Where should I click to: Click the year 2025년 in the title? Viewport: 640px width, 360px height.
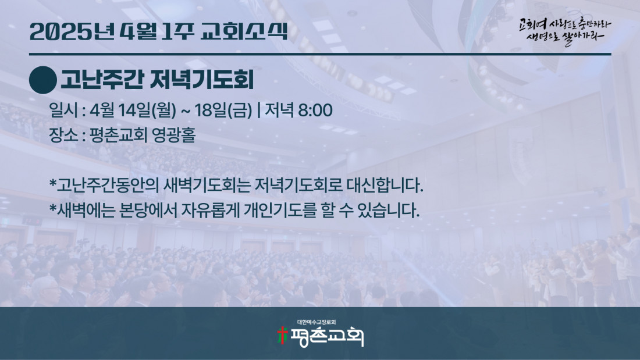point(72,31)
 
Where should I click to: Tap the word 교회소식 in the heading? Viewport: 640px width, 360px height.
point(244,31)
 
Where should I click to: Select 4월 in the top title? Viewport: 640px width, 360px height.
point(139,31)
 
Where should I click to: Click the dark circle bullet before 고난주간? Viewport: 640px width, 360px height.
point(43,80)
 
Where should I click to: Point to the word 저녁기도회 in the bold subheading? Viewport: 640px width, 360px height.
point(202,80)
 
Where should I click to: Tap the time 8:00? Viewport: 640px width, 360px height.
point(315,110)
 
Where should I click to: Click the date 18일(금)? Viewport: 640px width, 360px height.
point(223,110)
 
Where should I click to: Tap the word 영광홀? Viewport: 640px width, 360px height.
point(173,135)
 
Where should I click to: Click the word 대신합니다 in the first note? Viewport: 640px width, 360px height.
point(385,186)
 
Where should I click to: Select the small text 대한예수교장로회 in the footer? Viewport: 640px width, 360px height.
point(317,322)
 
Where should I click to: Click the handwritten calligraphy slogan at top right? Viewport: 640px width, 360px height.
point(564,31)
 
